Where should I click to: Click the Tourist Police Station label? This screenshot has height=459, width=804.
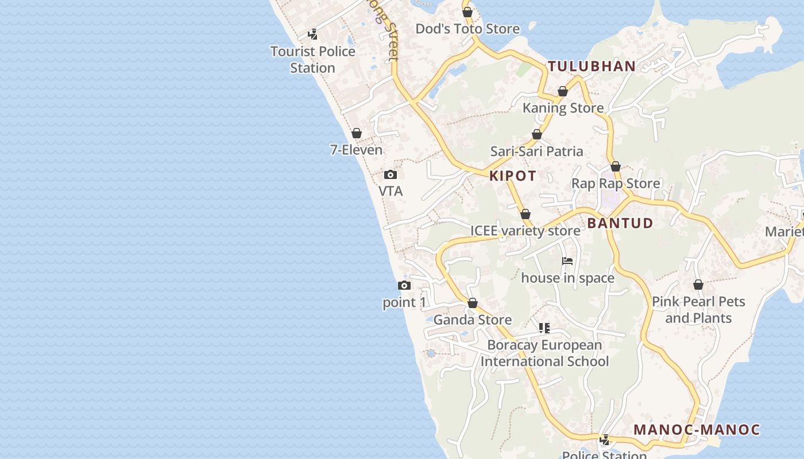313,60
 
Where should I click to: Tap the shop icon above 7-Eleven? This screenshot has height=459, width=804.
357,134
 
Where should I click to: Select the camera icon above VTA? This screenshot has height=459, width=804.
391,175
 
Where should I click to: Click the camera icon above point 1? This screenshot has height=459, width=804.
404,286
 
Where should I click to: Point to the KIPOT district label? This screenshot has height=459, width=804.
513,176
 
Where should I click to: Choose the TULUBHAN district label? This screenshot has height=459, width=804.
592,67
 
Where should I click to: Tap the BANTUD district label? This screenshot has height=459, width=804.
620,223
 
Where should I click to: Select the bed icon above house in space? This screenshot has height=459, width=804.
567,261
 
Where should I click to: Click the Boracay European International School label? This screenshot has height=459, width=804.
544,353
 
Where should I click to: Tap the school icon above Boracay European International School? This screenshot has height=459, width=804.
544,328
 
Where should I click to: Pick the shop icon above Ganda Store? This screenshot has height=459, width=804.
473,303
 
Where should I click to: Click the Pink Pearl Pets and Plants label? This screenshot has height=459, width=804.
698,310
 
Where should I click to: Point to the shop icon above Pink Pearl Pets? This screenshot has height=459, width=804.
698,285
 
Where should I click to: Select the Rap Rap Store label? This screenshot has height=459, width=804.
616,184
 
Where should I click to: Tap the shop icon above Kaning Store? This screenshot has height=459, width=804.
563,92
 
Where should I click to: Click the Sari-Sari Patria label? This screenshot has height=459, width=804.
536,151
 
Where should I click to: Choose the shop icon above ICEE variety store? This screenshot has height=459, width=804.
525,215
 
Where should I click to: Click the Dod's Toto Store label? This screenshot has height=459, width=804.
467,29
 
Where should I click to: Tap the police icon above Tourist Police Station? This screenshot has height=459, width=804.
313,34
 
